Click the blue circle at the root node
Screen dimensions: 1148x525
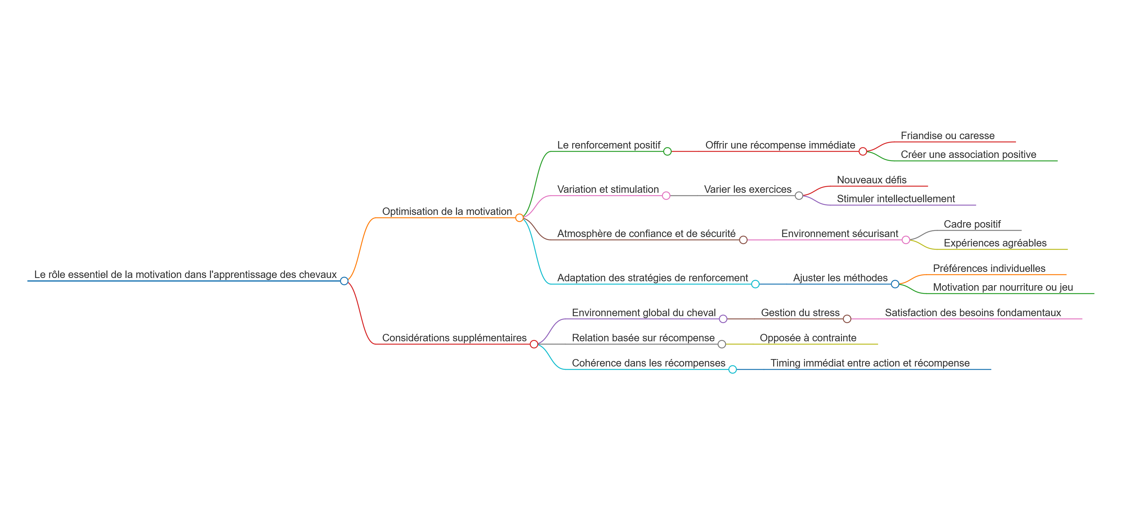pyautogui.click(x=344, y=281)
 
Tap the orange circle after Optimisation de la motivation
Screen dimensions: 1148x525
pyautogui.click(x=519, y=218)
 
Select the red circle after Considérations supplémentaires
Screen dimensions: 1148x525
pyautogui.click(x=534, y=344)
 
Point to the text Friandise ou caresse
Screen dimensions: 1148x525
pyautogui.click(x=948, y=136)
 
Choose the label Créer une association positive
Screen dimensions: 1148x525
pyautogui.click(x=968, y=155)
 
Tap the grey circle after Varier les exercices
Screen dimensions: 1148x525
pyautogui.click(x=799, y=196)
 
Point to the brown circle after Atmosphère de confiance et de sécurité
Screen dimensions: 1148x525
pyautogui.click(x=743, y=240)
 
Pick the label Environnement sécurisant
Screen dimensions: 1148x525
pyautogui.click(x=840, y=234)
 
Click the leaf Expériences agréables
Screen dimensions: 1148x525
pyautogui.click(x=995, y=243)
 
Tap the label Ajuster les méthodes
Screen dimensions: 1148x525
pyautogui.click(x=840, y=278)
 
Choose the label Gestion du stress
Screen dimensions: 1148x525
pyautogui.click(x=800, y=313)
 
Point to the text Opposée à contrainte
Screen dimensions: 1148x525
pyautogui.click(x=808, y=338)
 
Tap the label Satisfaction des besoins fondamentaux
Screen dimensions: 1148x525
pyautogui.click(x=973, y=313)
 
